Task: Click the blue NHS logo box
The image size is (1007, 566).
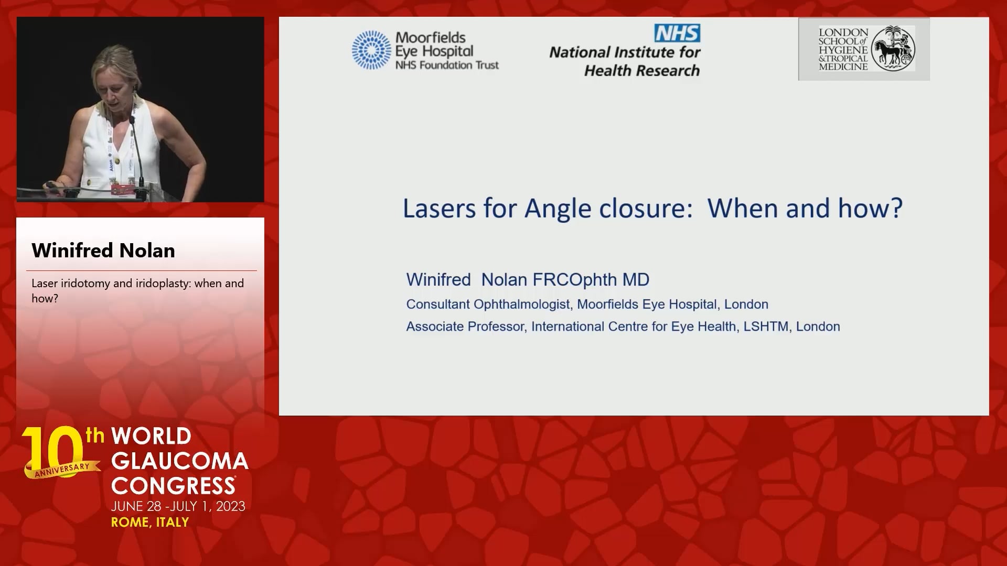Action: click(x=677, y=33)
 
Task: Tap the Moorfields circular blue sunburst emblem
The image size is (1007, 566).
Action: click(x=371, y=50)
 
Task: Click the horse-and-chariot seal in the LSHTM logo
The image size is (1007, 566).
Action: click(x=893, y=48)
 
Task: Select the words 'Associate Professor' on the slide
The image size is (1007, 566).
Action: click(x=465, y=326)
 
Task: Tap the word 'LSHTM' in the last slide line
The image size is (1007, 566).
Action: click(x=766, y=326)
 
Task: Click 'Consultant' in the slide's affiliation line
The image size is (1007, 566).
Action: click(x=437, y=304)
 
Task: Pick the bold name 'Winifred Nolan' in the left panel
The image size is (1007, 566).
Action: click(x=103, y=251)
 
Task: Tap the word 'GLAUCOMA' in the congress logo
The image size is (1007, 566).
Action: click(x=180, y=461)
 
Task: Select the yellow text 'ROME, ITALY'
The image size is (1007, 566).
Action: click(x=150, y=523)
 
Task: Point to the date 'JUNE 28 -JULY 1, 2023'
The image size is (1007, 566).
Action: click(x=178, y=506)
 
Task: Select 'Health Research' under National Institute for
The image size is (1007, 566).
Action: click(x=642, y=71)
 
